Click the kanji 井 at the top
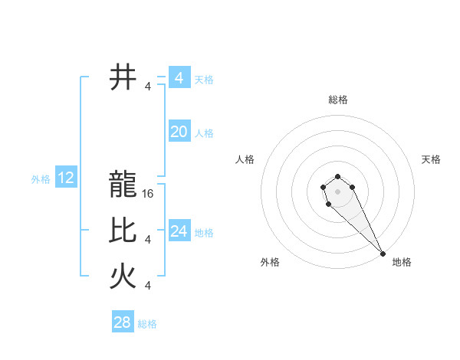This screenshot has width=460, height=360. [123, 78]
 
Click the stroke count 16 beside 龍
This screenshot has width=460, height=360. [149, 194]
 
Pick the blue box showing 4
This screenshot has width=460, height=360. [179, 78]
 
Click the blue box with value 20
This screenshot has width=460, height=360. [179, 132]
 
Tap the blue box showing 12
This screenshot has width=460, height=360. [66, 178]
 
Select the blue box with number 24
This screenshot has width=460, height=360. [179, 231]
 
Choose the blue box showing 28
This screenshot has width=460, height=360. [123, 322]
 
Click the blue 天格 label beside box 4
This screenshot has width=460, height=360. [204, 80]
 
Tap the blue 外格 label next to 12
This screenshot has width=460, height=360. [41, 179]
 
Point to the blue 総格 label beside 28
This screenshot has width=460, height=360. [147, 324]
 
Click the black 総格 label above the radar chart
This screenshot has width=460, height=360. [338, 100]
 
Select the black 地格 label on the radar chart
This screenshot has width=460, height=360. [402, 262]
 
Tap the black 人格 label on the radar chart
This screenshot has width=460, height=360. [245, 159]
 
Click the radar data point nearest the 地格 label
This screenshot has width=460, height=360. [383, 253]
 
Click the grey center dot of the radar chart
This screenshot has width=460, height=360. [337, 191]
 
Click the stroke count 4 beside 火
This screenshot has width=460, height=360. [148, 286]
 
